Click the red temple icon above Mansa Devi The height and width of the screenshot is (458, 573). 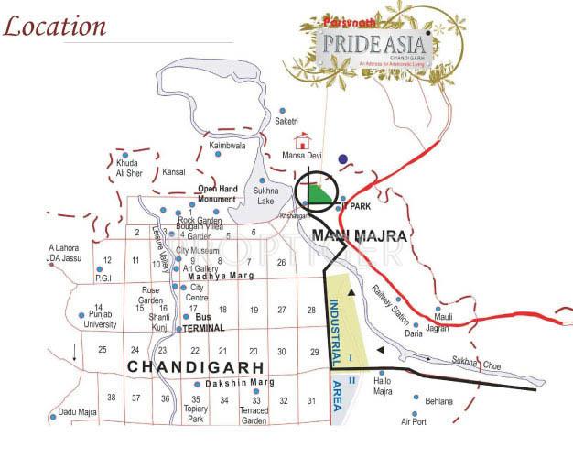coord(301,141)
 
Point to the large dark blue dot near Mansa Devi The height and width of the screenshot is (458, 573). coord(342,159)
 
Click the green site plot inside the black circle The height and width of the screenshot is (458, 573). coord(318,194)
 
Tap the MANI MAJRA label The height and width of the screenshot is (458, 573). coord(359,236)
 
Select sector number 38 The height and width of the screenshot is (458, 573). coord(111,398)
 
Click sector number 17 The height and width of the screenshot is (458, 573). coord(194,309)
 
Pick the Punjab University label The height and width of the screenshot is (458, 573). coord(100,319)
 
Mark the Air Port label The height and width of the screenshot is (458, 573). coord(414,421)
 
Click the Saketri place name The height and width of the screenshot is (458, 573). coord(286,122)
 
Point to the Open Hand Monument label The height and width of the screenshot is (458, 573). coord(218,194)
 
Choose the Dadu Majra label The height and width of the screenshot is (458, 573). coord(78,413)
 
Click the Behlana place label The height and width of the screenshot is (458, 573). coord(438,401)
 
